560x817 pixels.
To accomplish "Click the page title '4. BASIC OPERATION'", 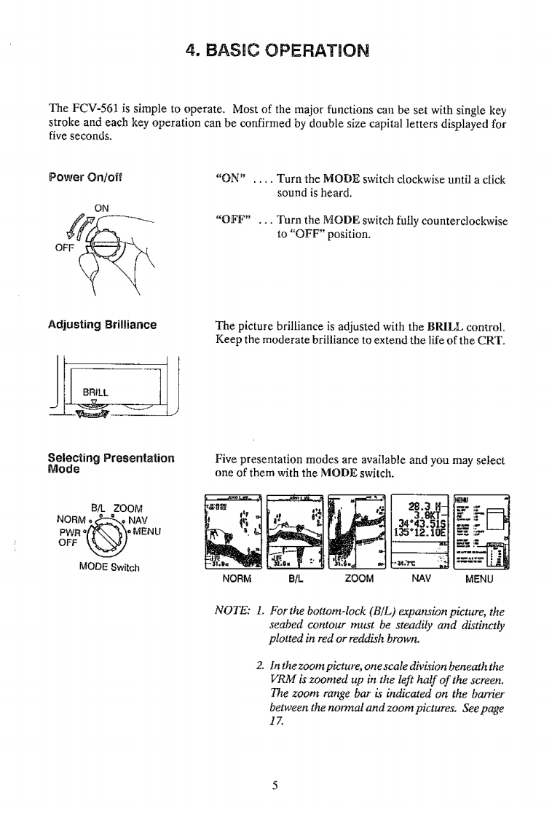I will pos(280,52).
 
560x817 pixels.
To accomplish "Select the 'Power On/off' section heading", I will pos(86,178).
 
